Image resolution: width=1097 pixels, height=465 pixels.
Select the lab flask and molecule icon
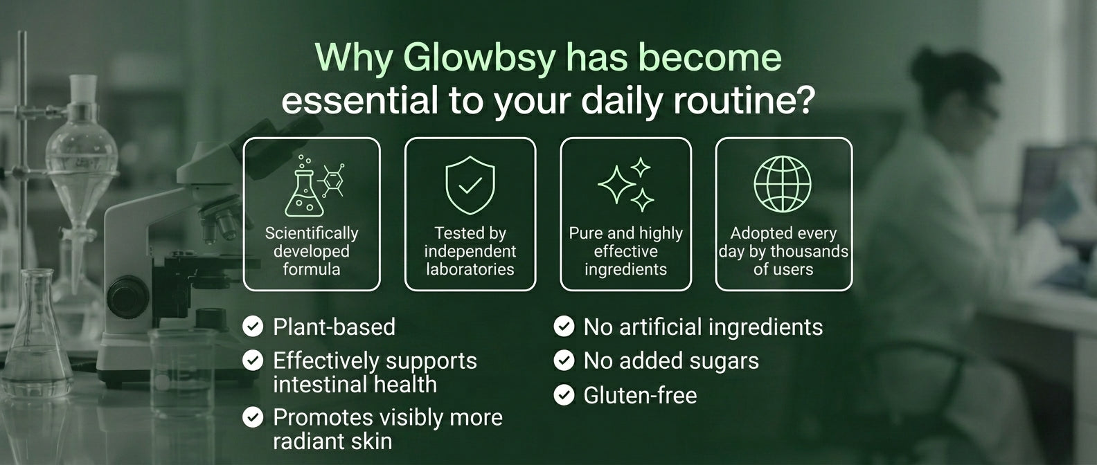(x=314, y=185)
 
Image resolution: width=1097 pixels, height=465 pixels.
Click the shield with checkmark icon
(x=470, y=185)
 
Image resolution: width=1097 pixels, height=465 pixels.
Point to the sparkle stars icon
(x=625, y=185)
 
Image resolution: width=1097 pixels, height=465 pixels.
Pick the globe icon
(x=783, y=184)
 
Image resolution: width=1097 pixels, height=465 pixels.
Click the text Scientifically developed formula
(x=312, y=251)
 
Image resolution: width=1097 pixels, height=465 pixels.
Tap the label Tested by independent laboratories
(x=470, y=251)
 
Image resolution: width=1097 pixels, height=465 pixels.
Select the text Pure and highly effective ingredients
(x=625, y=251)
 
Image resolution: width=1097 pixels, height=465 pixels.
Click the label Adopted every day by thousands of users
(x=783, y=251)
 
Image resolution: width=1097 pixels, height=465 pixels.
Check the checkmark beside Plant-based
(x=253, y=327)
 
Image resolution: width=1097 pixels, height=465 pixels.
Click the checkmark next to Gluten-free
(x=564, y=395)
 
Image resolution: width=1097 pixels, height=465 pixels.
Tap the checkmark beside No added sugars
(x=564, y=361)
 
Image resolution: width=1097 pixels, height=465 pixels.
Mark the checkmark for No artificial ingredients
(x=564, y=327)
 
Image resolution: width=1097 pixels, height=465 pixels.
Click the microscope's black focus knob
(x=128, y=297)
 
